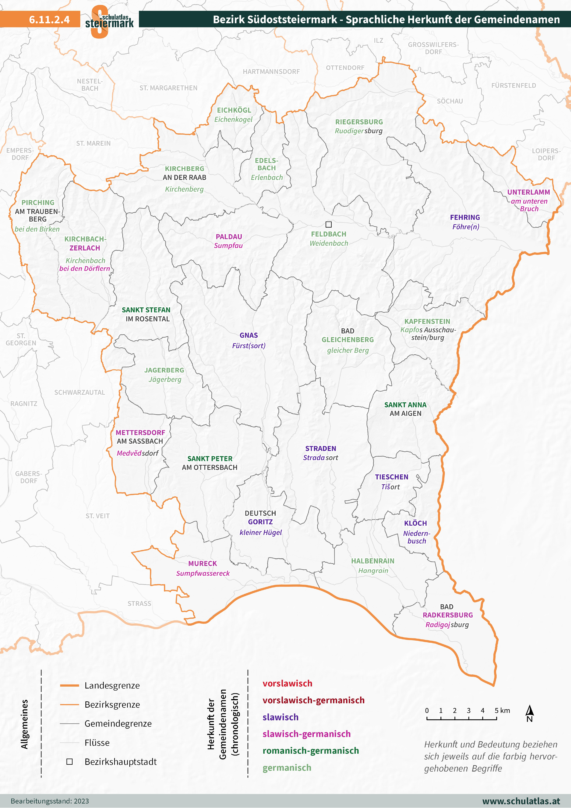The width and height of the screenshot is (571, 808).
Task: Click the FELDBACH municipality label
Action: pyautogui.click(x=328, y=234)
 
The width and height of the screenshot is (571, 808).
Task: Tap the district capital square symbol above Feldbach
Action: pyautogui.click(x=328, y=224)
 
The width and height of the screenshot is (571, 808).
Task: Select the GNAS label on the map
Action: pyautogui.click(x=248, y=335)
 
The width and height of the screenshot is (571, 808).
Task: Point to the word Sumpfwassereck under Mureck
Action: pyautogui.click(x=203, y=573)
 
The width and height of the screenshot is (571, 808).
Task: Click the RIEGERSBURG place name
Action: pyautogui.click(x=359, y=122)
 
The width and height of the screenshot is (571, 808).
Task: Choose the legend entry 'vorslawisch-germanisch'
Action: pyautogui.click(x=313, y=700)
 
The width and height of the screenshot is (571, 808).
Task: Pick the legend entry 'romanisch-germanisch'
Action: pyautogui.click(x=310, y=751)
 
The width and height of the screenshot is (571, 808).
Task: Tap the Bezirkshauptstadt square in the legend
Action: pyautogui.click(x=70, y=761)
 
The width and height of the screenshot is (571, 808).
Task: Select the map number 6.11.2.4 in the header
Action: pyautogui.click(x=49, y=19)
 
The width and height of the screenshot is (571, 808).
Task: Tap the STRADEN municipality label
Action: pyautogui.click(x=320, y=448)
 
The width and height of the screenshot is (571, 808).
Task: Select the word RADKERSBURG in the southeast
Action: pyautogui.click(x=448, y=615)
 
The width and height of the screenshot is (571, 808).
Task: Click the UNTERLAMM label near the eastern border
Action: pyautogui.click(x=528, y=192)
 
